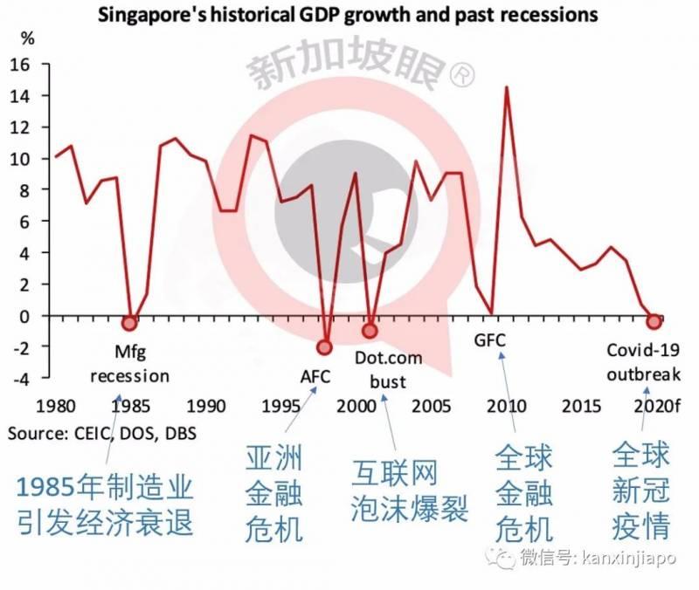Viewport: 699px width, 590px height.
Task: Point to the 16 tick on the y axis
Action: [19, 64]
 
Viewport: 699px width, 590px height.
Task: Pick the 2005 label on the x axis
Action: [431, 407]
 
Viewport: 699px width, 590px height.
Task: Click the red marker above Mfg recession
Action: [130, 323]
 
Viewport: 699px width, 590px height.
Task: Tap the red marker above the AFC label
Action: [325, 346]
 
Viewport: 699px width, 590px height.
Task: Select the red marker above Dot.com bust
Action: [370, 331]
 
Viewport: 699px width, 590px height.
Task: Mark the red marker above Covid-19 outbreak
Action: [653, 322]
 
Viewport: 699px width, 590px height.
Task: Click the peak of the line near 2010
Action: [506, 87]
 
